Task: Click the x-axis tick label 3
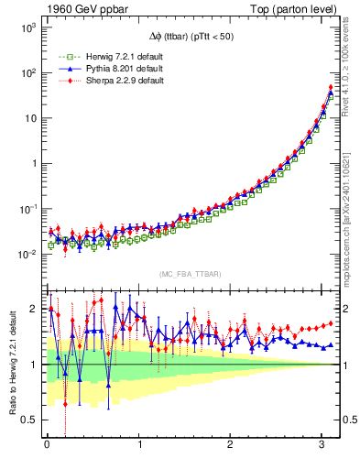[323, 446]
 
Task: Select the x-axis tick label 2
[231, 446]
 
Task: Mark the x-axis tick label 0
[47, 446]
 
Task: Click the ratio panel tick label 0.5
[29, 420]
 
